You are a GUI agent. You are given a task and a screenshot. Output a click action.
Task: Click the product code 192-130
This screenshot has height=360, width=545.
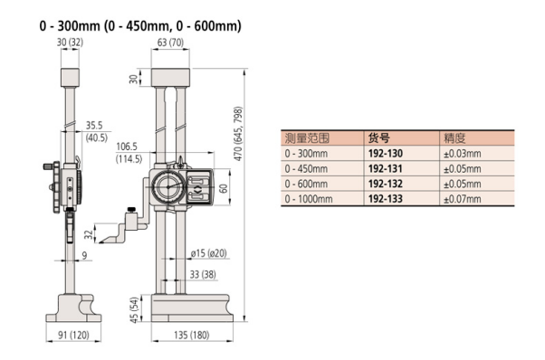point(386,154)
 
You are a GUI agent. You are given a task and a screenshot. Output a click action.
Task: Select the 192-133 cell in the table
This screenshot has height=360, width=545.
point(386,199)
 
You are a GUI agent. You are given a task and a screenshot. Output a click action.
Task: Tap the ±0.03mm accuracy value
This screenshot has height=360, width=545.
point(463,154)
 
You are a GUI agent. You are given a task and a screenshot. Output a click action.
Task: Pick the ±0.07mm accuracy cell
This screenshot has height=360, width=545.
point(463,199)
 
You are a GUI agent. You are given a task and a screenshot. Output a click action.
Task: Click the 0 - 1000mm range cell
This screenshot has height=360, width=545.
point(309,199)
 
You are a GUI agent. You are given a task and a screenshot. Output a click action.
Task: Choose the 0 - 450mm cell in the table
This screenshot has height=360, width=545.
point(306,169)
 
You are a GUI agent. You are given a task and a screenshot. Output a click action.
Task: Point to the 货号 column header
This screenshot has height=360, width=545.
point(378,138)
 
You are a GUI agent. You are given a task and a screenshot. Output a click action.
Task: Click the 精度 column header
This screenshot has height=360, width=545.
point(454,138)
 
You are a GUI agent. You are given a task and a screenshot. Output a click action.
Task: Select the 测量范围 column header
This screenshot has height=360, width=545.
point(307,138)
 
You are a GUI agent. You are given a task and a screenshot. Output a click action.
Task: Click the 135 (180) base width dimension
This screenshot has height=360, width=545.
point(192,335)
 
